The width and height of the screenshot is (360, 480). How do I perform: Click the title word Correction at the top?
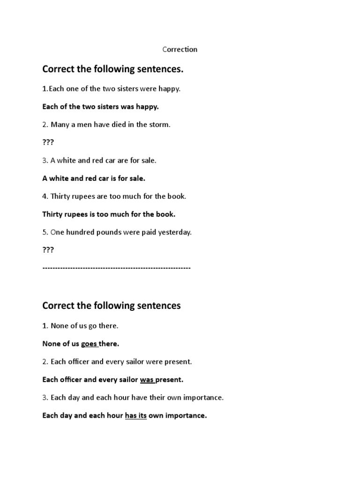(x=180, y=49)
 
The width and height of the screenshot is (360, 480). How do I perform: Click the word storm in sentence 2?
(x=160, y=125)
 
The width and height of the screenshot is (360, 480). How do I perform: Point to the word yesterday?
(x=175, y=232)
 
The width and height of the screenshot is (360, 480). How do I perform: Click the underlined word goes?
(x=89, y=344)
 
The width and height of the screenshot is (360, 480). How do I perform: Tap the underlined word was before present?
(x=147, y=379)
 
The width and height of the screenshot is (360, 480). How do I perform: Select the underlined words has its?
(x=135, y=415)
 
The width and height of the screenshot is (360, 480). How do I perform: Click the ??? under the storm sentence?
(x=48, y=142)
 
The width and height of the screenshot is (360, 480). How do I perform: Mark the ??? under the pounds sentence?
(x=48, y=250)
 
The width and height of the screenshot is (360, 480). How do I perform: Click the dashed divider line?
(x=116, y=268)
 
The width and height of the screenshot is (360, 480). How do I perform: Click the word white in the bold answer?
(x=60, y=178)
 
